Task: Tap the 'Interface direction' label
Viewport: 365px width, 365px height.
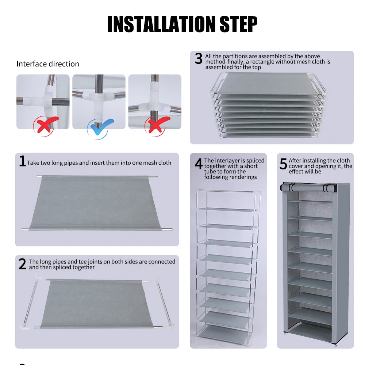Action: [48, 64]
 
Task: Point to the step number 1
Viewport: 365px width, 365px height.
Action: [22, 161]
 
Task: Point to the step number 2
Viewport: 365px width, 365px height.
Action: [22, 264]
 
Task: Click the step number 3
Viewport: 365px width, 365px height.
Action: [198, 59]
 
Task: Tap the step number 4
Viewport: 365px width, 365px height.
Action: [198, 164]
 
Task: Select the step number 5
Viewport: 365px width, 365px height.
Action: [283, 164]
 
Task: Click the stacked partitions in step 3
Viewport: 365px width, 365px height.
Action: [268, 106]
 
